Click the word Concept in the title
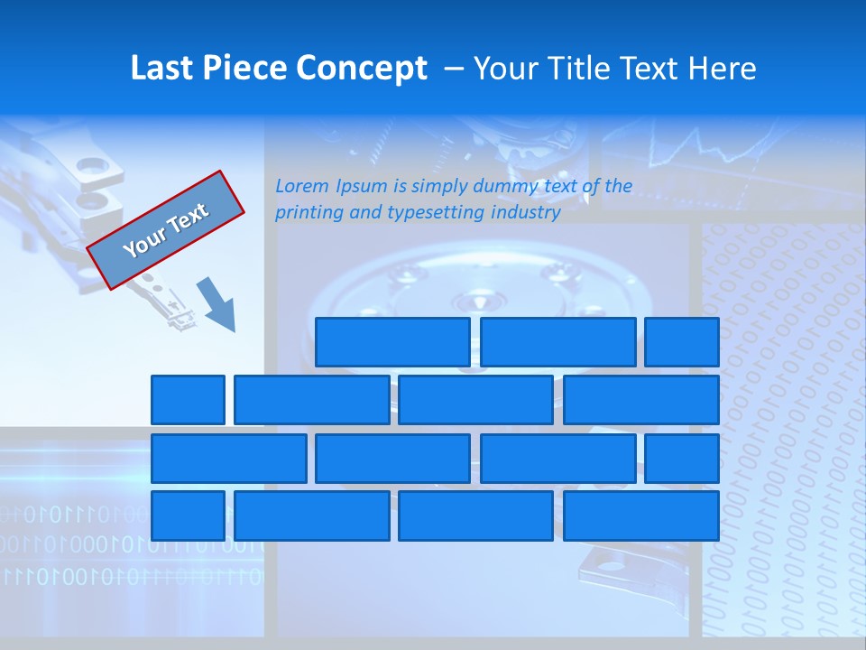(x=362, y=69)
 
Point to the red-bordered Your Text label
(x=166, y=230)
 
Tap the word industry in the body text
(x=526, y=213)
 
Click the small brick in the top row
(x=682, y=341)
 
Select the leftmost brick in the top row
(x=392, y=341)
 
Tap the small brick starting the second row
(x=188, y=400)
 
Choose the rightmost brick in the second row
(x=641, y=400)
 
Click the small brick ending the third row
(x=682, y=458)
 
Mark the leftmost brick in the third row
(x=228, y=458)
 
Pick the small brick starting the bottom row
(x=188, y=515)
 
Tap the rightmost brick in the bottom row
(x=641, y=515)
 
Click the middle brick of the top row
(x=558, y=341)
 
